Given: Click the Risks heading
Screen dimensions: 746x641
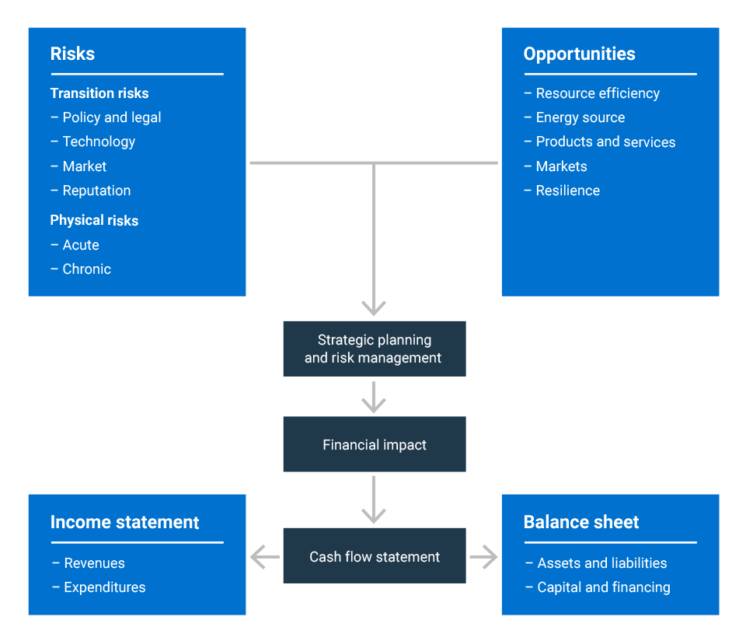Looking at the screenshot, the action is point(72,54).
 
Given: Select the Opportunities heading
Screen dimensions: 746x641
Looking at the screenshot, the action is point(579,54).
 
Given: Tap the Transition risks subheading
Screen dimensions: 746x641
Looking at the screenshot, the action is point(99,93).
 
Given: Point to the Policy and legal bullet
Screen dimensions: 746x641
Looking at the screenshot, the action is point(106,117).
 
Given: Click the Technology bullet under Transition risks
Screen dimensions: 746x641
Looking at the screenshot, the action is point(93,142).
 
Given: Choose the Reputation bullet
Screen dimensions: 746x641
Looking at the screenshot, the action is point(91,191).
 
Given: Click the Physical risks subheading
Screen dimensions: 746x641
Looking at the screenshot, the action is point(94,220).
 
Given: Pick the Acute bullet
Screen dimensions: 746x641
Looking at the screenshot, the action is point(75,245).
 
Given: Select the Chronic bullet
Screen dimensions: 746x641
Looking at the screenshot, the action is point(81,269).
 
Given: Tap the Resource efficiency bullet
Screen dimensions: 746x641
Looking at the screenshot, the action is point(592,94).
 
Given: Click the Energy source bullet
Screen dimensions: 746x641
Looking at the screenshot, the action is point(574,117).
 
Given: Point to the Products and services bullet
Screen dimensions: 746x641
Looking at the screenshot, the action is point(599,142).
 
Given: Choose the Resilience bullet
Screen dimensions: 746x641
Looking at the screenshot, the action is point(562,191).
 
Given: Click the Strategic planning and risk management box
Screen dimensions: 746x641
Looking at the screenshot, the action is point(375,349).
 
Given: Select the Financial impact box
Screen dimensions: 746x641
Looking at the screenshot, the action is point(375,444).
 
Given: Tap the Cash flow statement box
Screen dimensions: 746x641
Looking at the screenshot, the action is point(375,555).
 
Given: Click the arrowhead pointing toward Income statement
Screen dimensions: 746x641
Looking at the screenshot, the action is point(258,557).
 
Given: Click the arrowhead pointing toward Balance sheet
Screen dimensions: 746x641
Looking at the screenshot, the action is point(490,557).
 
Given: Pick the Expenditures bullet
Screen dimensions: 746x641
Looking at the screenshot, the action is point(99,587).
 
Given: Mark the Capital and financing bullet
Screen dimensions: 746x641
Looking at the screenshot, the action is point(598,587).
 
